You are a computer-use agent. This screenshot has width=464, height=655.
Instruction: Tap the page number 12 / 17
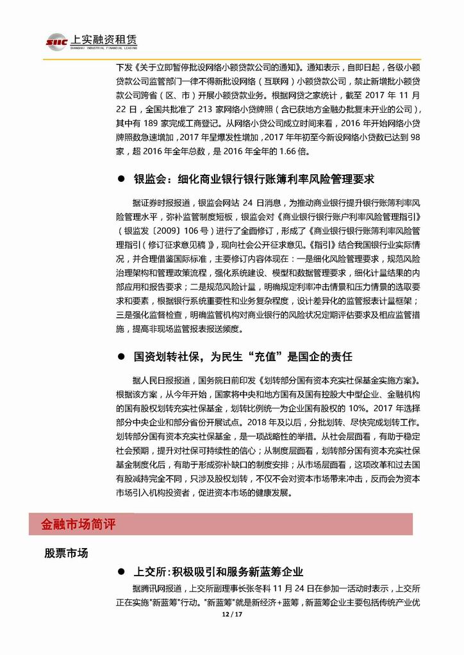coord(231,614)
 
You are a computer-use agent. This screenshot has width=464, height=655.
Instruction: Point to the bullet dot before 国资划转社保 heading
coord(120,356)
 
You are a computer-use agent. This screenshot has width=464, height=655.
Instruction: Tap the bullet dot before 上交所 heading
coord(120,571)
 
